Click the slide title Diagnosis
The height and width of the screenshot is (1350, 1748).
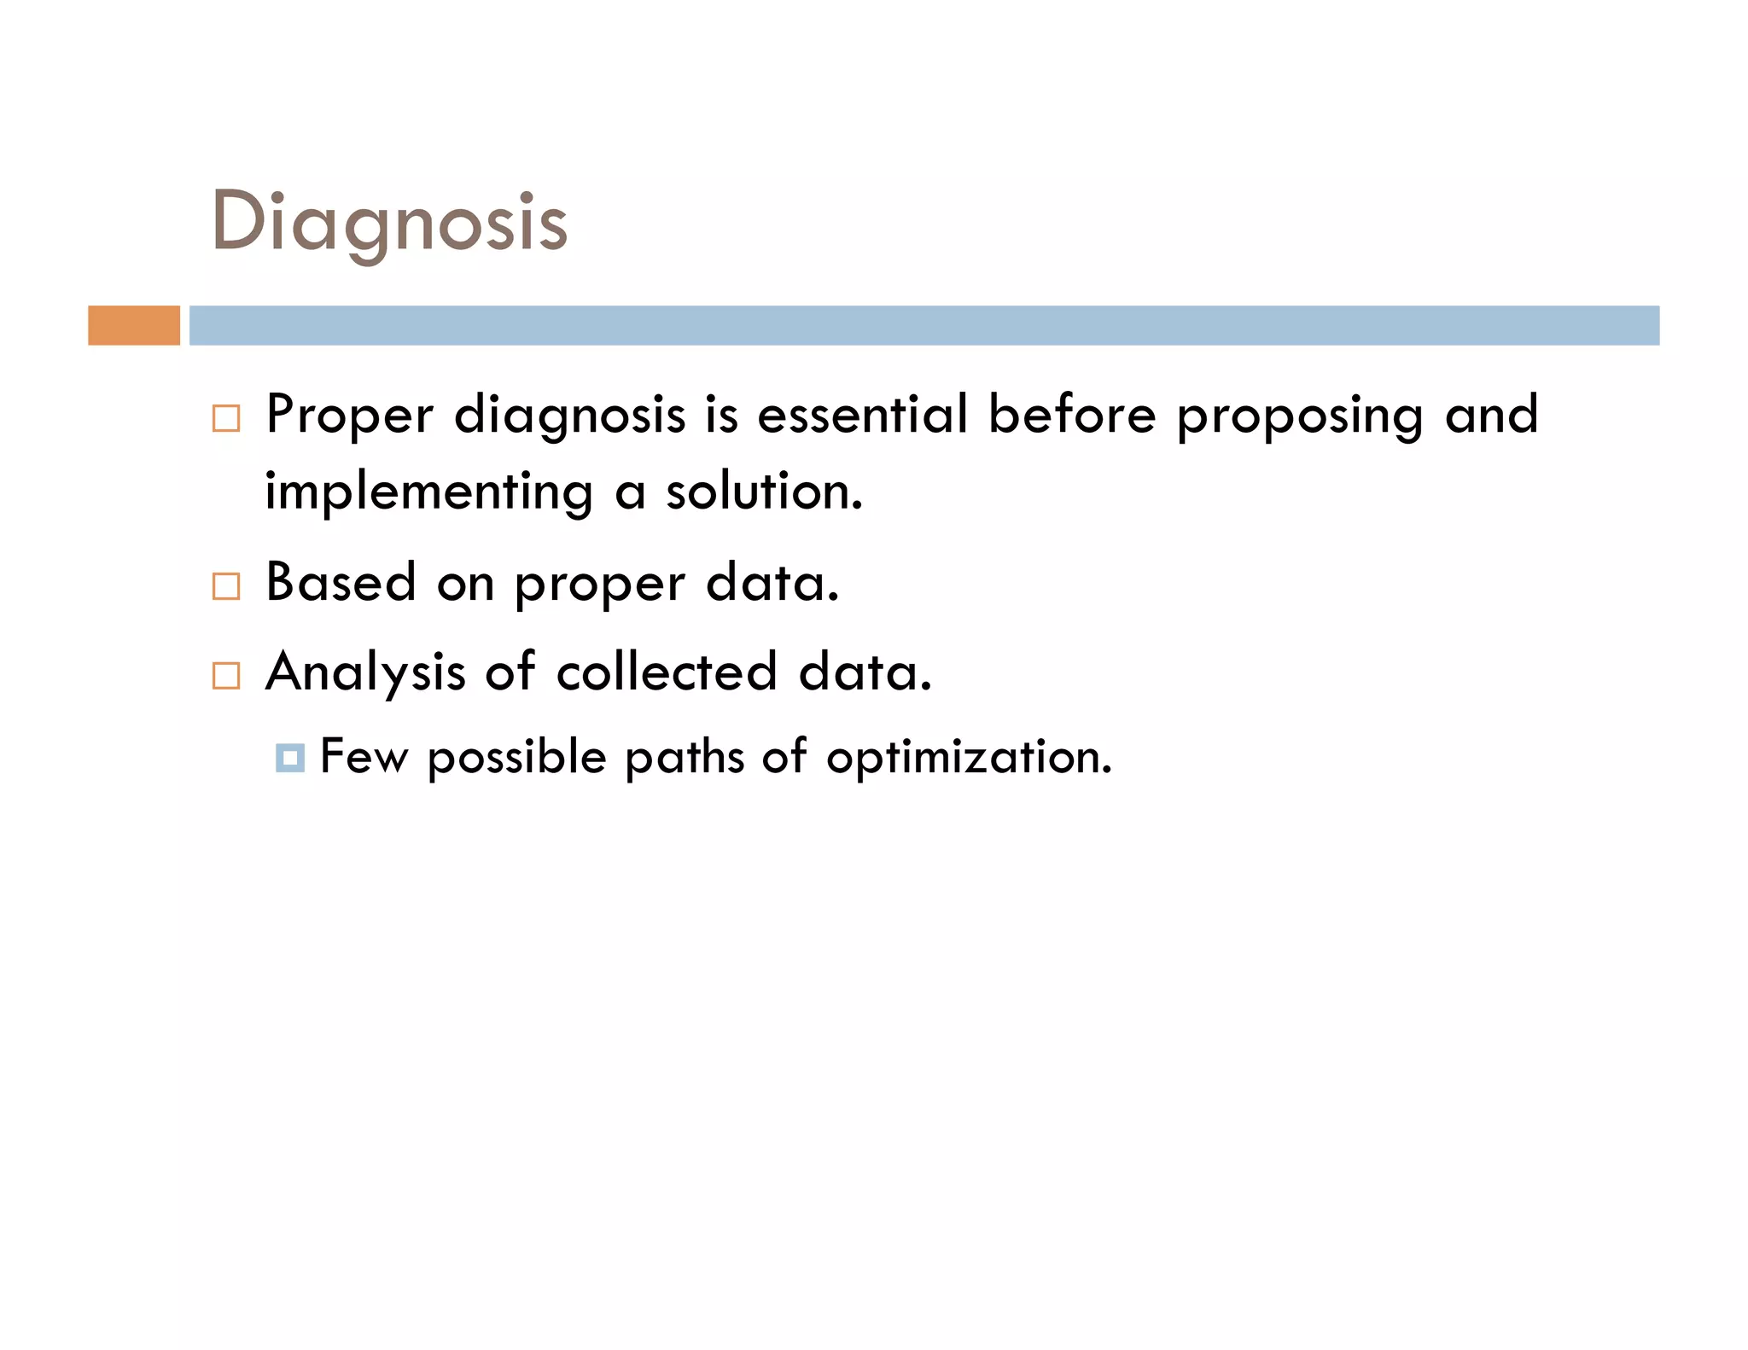click(389, 222)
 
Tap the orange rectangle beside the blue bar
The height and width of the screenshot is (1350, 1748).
click(134, 325)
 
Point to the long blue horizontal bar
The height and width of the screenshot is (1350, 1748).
click(924, 325)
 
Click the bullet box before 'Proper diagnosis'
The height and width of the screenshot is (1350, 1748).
click(226, 418)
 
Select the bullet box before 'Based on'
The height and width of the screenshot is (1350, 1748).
click(226, 586)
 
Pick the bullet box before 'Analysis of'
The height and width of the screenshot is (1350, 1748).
click(226, 675)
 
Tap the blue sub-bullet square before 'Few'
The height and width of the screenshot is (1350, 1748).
click(290, 758)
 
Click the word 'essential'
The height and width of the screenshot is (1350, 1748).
click(862, 415)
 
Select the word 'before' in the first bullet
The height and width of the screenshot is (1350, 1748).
click(1072, 415)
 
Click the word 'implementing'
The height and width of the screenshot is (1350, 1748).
click(428, 493)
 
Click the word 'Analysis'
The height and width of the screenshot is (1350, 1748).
click(365, 673)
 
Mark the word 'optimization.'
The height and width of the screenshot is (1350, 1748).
click(969, 758)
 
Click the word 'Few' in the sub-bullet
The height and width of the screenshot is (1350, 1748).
click(364, 756)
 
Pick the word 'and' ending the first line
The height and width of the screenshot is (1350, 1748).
click(1491, 415)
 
